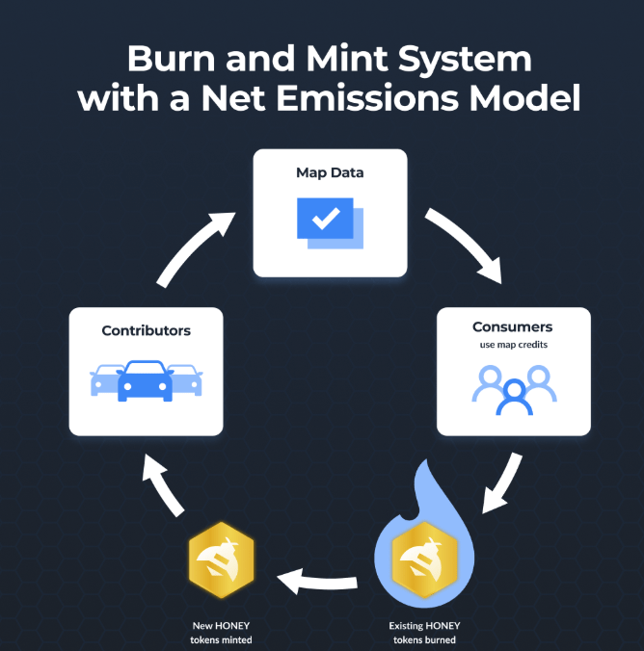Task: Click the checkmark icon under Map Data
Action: coord(327,219)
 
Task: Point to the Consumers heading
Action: coord(512,327)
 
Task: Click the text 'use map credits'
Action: coord(512,345)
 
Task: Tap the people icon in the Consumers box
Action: coord(514,388)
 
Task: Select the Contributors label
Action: coord(147,330)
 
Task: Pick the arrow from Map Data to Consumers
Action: coord(465,244)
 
